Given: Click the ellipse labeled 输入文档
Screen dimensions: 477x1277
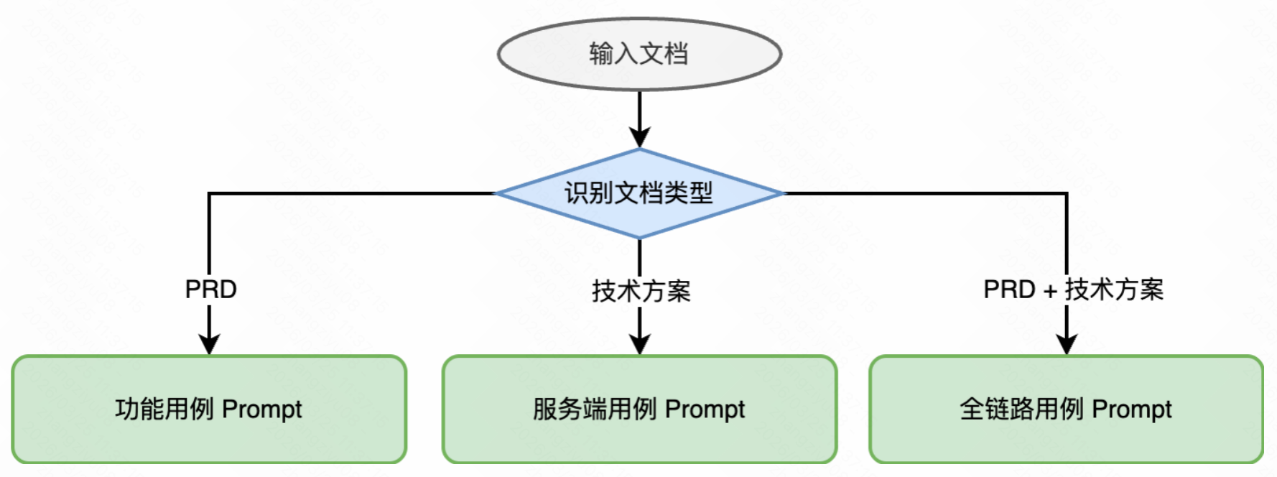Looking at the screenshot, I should click(x=638, y=54).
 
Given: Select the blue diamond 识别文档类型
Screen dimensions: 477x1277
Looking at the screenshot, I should click(x=638, y=193).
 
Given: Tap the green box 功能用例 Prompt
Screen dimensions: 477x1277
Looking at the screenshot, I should click(x=209, y=409).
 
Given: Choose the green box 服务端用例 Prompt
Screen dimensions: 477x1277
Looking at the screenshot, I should click(x=638, y=409).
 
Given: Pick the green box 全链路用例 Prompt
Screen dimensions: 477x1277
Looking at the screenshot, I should click(x=1066, y=409).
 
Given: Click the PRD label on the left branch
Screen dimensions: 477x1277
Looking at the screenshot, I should click(x=210, y=290).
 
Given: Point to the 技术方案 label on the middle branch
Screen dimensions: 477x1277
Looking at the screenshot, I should click(x=641, y=291).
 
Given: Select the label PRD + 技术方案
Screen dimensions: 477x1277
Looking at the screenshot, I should click(x=1073, y=290).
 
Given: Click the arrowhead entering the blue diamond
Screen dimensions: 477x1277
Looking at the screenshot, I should click(x=639, y=138).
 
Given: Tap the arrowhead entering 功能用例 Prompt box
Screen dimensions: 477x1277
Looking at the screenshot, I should click(x=209, y=344).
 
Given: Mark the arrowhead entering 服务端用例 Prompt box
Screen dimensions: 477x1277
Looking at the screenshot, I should click(x=639, y=344).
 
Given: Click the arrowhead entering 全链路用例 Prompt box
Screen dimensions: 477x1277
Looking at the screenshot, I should click(x=1067, y=344).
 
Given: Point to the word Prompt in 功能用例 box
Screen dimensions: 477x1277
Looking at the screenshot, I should click(x=262, y=409).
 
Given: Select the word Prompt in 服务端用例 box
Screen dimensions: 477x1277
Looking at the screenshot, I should click(x=705, y=409).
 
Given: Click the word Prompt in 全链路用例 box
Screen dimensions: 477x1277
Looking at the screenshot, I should click(x=1132, y=409).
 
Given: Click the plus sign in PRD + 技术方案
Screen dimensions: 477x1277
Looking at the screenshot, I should click(x=1050, y=291).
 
